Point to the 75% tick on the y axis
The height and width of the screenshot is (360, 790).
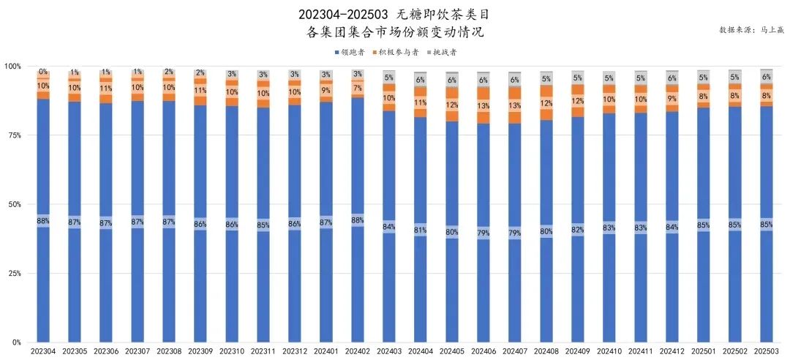(12, 135)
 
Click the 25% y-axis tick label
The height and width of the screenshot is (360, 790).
(12, 274)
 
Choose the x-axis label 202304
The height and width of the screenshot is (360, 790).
(43, 352)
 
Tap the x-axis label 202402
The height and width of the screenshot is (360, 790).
(357, 352)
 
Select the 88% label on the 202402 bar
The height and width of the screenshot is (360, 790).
(357, 220)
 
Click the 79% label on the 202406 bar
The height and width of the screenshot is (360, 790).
(483, 233)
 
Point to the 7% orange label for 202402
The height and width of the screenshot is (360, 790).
(357, 88)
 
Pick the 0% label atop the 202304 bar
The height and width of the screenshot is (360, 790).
(43, 72)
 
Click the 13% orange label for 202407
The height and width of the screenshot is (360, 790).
(514, 105)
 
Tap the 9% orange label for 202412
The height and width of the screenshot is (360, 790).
(671, 98)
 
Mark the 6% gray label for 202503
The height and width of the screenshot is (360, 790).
(766, 77)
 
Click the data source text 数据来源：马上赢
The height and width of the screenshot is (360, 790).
(750, 30)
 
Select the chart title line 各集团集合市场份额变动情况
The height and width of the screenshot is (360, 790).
(395, 33)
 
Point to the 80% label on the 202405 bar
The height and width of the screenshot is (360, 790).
(451, 232)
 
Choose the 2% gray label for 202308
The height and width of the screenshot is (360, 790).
(169, 72)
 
